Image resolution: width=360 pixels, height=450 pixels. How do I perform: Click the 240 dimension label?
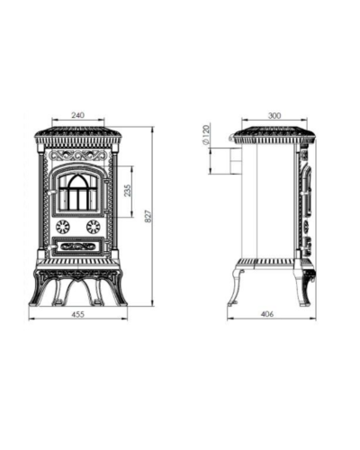pyautogui.click(x=78, y=115)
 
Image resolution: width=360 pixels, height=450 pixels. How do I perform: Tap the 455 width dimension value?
pyautogui.click(x=78, y=314)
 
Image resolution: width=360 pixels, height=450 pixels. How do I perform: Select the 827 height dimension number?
pyautogui.click(x=148, y=216)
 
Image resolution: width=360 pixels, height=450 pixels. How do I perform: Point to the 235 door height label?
pyautogui.click(x=128, y=191)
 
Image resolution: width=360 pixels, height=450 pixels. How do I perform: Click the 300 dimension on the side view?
pyautogui.click(x=274, y=115)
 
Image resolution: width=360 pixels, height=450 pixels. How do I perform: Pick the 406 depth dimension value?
pyautogui.click(x=267, y=314)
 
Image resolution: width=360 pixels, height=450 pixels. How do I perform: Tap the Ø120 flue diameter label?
pyautogui.click(x=206, y=134)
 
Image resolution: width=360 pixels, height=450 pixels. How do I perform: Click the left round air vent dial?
pyautogui.click(x=63, y=227)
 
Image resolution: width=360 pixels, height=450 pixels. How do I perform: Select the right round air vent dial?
pyautogui.click(x=94, y=227)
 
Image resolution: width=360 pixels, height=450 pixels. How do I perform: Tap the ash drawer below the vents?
pyautogui.click(x=78, y=247)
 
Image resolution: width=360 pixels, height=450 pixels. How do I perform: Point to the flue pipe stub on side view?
pyautogui.click(x=236, y=160)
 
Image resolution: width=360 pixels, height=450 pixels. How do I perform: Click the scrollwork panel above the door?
pyautogui.click(x=78, y=156)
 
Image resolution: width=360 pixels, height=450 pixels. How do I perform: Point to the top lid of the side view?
pyautogui.click(x=274, y=135)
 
